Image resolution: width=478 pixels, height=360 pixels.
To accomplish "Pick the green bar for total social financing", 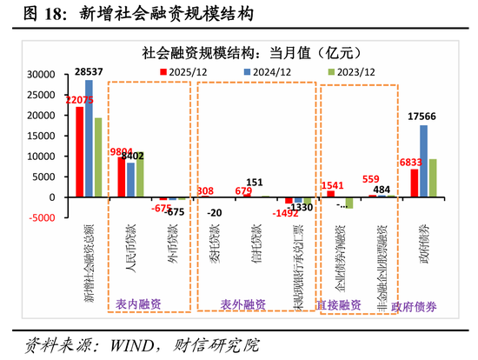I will [97, 157].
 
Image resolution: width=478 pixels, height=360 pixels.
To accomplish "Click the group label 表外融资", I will [241, 305].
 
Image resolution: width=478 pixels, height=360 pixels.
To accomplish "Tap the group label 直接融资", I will [338, 305].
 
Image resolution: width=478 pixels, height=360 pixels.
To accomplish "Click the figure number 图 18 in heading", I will [29, 14].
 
